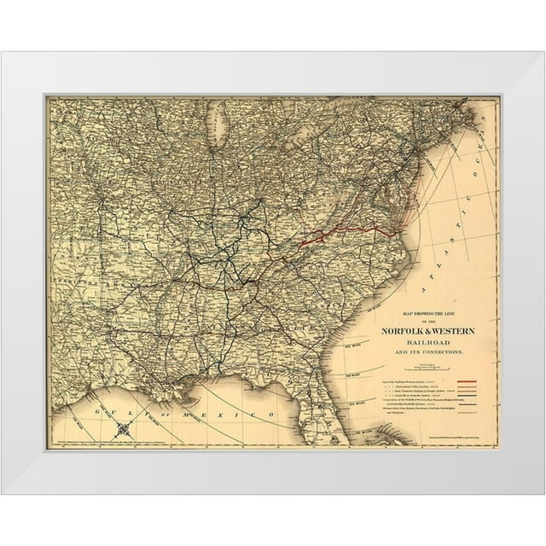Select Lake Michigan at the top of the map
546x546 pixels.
[x=220, y=128]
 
